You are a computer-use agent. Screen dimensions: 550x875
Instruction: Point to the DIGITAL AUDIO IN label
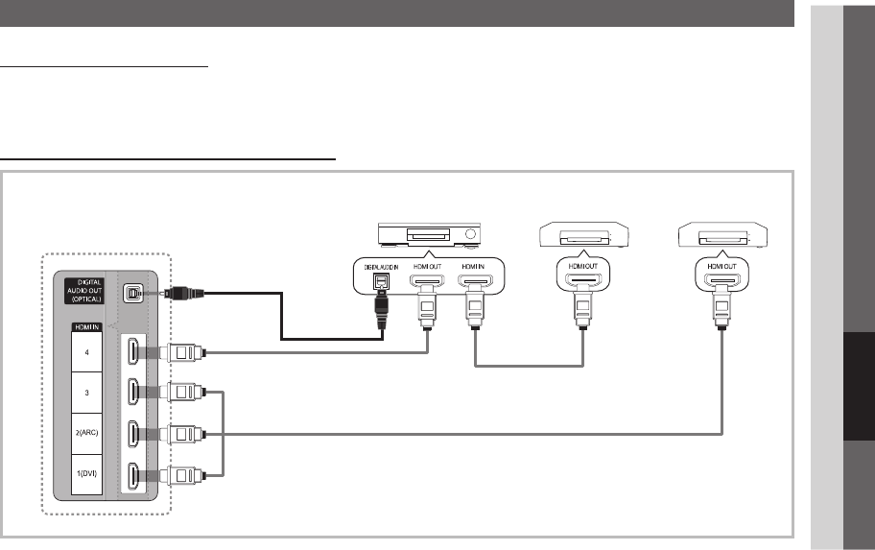pyautogui.click(x=382, y=266)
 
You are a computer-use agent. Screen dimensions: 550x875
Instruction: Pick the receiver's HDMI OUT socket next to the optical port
pyautogui.click(x=427, y=283)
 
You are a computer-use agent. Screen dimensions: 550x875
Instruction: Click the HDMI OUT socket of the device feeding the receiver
pyautogui.click(x=579, y=283)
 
